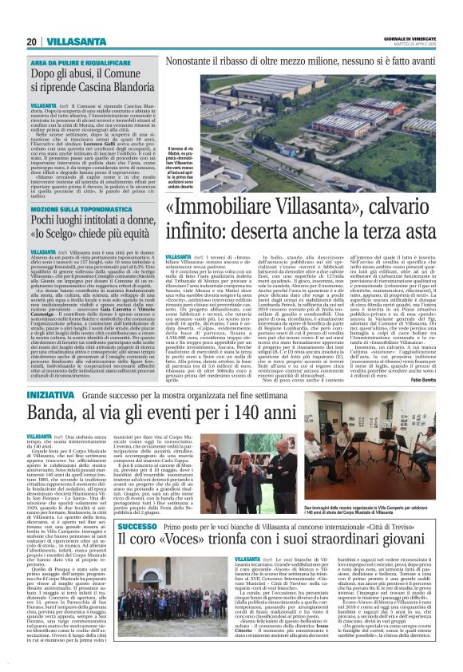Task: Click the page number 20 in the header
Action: (30, 42)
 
